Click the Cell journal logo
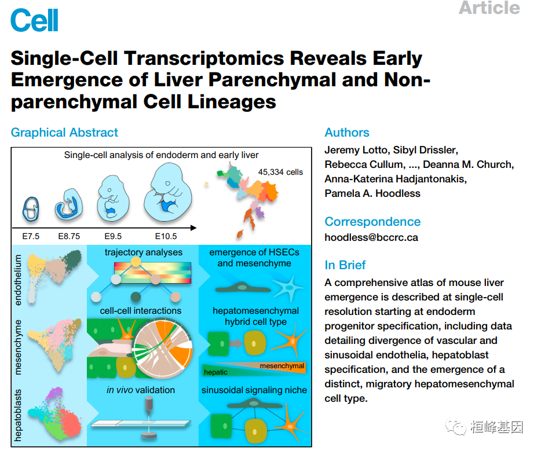click(35, 21)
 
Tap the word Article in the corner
click(489, 8)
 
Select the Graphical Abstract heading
click(64, 133)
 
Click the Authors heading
click(347, 133)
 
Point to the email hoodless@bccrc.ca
click(371, 237)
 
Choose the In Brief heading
click(345, 265)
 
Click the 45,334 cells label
click(280, 172)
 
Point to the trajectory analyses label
click(144, 252)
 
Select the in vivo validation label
click(141, 390)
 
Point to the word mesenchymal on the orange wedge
click(282, 366)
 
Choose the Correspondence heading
click(372, 222)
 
